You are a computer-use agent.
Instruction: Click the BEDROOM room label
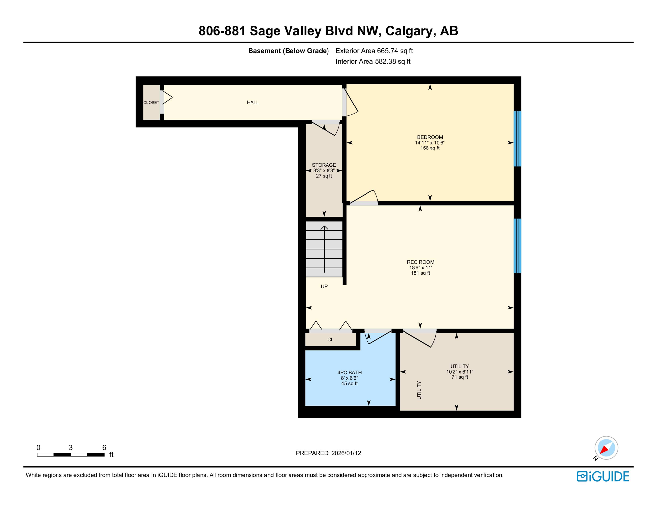point(430,137)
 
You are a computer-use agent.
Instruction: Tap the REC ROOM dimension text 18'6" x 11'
point(420,268)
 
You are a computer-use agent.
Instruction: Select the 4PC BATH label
point(349,372)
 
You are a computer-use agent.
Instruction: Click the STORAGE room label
point(324,165)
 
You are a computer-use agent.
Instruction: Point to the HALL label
point(253,102)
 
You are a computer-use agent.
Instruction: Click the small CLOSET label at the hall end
point(151,103)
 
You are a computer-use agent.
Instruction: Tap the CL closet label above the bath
point(330,340)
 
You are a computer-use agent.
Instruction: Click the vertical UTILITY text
point(419,390)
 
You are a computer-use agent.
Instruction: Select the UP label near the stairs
point(324,286)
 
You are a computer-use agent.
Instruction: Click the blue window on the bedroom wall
point(517,139)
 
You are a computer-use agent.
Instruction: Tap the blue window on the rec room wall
point(517,245)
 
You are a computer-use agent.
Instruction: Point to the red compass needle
point(604,449)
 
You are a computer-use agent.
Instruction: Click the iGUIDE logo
point(603,476)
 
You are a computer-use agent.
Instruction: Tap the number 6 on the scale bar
point(104,447)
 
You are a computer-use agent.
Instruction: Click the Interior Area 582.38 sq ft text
point(373,61)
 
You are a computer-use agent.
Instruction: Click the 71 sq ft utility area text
point(460,377)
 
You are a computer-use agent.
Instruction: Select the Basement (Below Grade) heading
point(288,51)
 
